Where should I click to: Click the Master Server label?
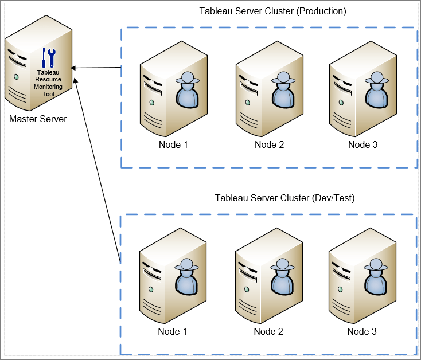(x=38, y=119)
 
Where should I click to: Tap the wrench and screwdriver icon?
(x=49, y=58)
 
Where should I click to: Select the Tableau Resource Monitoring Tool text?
(x=49, y=83)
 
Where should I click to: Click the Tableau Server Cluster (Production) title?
(x=272, y=11)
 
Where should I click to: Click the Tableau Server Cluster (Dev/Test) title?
(x=284, y=198)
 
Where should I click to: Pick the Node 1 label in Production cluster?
(x=173, y=144)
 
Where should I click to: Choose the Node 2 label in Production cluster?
(x=269, y=144)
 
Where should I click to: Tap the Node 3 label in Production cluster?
(x=363, y=144)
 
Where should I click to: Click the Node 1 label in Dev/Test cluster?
(x=173, y=331)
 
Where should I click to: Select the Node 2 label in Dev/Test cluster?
(x=268, y=331)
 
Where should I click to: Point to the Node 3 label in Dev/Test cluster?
(x=362, y=331)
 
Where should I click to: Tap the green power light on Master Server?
(x=17, y=77)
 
